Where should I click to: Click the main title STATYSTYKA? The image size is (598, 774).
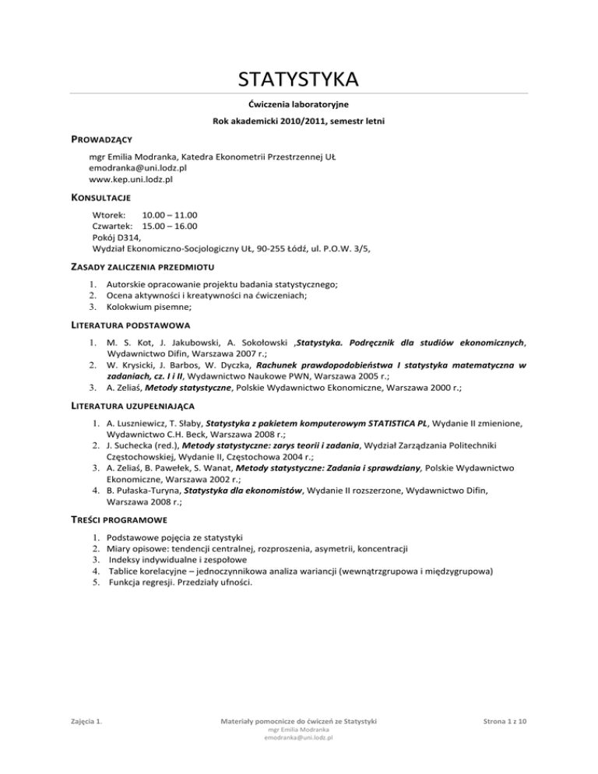298,79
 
